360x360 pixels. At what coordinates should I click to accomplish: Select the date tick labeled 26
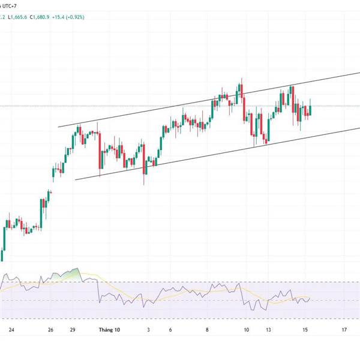pyautogui.click(x=52, y=330)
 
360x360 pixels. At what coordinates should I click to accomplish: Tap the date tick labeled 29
pyautogui.click(x=73, y=330)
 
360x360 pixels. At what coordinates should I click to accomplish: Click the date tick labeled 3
pyautogui.click(x=149, y=330)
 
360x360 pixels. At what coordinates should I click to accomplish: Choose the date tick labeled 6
pyautogui.click(x=170, y=330)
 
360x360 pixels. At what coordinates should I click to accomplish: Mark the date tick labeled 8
pyautogui.click(x=208, y=330)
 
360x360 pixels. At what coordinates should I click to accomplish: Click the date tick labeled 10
pyautogui.click(x=246, y=330)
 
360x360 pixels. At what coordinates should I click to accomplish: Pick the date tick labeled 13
pyautogui.click(x=269, y=330)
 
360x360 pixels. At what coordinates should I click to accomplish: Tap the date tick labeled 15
pyautogui.click(x=306, y=330)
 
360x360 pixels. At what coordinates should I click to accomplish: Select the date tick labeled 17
pyautogui.click(x=344, y=330)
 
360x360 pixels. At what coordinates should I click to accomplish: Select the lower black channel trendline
pyautogui.click(x=180, y=160)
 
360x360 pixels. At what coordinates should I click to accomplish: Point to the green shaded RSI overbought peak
pyautogui.click(x=73, y=274)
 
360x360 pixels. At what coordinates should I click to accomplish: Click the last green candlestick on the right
pyautogui.click(x=310, y=109)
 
